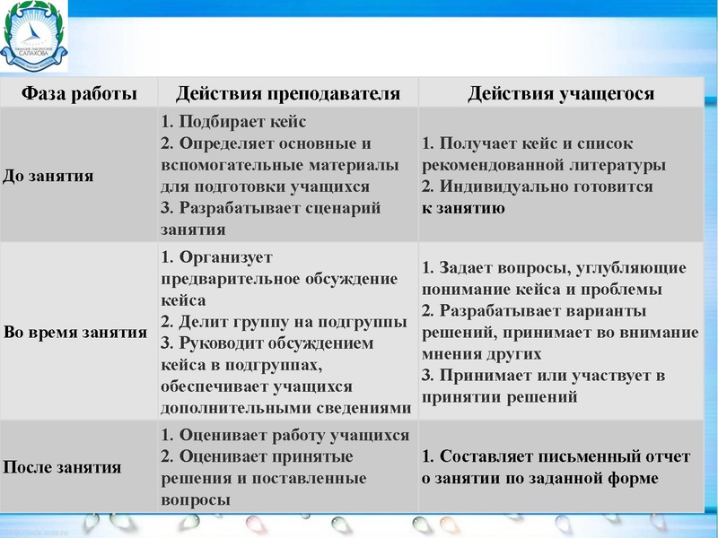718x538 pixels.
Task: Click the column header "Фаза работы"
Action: (79, 93)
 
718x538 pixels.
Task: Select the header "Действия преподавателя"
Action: (287, 93)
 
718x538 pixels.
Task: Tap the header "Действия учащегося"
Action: (561, 93)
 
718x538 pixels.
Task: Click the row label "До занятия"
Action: (49, 176)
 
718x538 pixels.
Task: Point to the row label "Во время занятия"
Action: (75, 332)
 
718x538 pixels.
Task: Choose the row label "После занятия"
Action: (63, 467)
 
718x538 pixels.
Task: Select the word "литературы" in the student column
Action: (619, 165)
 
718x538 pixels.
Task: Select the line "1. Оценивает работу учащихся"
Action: (285, 435)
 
